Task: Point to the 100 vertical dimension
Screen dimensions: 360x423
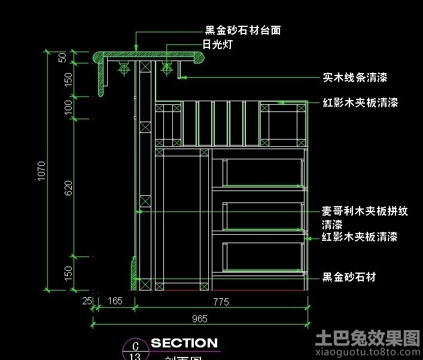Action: tap(68, 107)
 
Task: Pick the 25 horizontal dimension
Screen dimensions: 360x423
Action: tap(88, 301)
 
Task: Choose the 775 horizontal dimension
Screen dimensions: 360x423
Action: tap(221, 302)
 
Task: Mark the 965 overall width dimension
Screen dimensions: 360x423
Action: tap(200, 319)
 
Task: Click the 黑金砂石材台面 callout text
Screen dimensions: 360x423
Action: tap(243, 30)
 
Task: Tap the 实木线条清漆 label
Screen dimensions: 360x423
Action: tap(355, 77)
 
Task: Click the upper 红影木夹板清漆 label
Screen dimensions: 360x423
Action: tap(360, 103)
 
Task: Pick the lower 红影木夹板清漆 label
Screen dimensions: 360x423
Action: tap(360, 237)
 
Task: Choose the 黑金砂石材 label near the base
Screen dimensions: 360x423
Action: tap(349, 277)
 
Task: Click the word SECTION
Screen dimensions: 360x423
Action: tap(184, 343)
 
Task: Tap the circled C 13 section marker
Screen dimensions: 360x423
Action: tap(135, 350)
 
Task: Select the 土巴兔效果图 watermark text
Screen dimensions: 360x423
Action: tap(367, 338)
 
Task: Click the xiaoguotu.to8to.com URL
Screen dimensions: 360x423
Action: tap(367, 353)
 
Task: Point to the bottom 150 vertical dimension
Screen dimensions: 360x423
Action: tap(68, 273)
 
